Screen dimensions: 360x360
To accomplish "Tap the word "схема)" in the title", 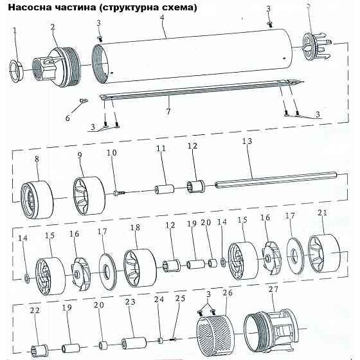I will pyautogui.click(x=178, y=8).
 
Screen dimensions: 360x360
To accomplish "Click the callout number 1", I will pyautogui.click(x=15, y=30).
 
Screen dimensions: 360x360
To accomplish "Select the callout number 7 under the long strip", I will pyautogui.click(x=168, y=111).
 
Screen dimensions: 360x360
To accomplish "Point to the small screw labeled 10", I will pyautogui.click(x=117, y=190).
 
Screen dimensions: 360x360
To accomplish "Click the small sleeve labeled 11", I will pyautogui.click(x=165, y=190).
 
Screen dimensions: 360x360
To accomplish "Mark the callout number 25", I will pyautogui.click(x=179, y=300).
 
